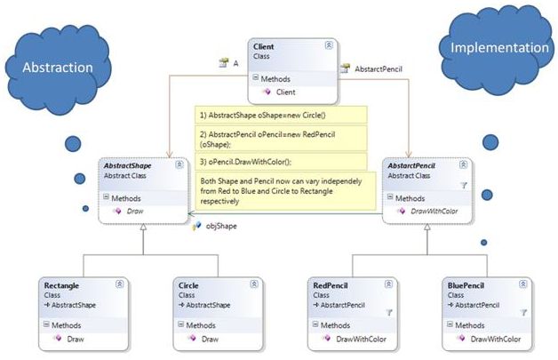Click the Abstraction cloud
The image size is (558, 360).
pyautogui.click(x=58, y=67)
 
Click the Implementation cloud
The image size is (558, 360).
pyautogui.click(x=498, y=47)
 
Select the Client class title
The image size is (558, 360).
pyautogui.click(x=265, y=45)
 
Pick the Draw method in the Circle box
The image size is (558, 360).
pyautogui.click(x=210, y=339)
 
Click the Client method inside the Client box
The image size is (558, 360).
pyautogui.click(x=284, y=92)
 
